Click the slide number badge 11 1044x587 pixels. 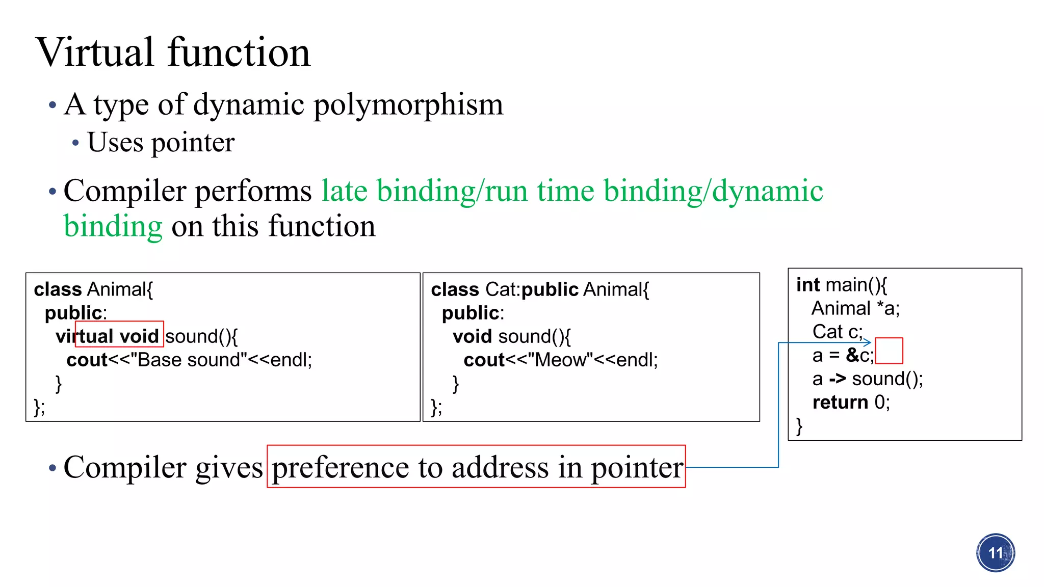point(995,553)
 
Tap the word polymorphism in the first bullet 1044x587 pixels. point(408,105)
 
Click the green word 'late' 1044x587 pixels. point(344,192)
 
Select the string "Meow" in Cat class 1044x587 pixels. point(560,360)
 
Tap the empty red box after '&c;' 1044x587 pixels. point(889,351)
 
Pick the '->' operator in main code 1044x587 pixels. point(837,379)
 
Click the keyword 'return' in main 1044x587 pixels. point(840,402)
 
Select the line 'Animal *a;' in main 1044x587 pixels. point(855,308)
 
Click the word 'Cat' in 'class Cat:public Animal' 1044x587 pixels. point(501,289)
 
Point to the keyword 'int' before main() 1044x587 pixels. point(808,285)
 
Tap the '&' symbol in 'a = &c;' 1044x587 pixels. point(852,355)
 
